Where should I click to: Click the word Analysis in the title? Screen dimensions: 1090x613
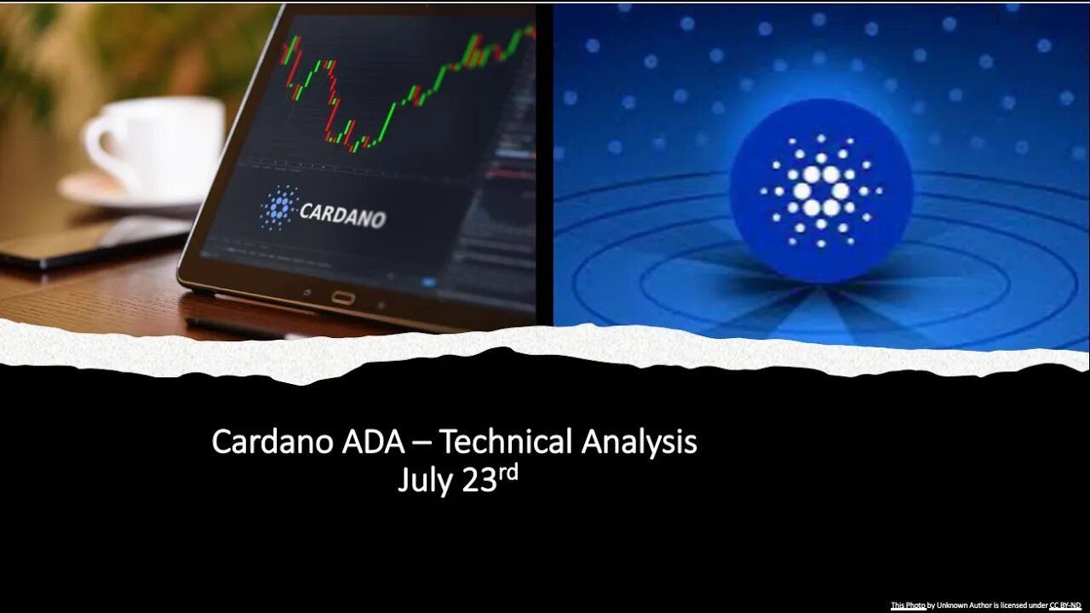pyautogui.click(x=640, y=443)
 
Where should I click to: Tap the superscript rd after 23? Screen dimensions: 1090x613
pyautogui.click(x=508, y=472)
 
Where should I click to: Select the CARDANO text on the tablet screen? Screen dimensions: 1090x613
pyautogui.click(x=342, y=215)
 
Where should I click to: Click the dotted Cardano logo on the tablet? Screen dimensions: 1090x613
pyautogui.click(x=278, y=207)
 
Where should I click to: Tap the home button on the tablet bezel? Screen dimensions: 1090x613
pyautogui.click(x=343, y=297)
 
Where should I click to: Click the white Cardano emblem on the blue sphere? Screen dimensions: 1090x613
pyautogui.click(x=821, y=191)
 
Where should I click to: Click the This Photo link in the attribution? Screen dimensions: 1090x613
pyautogui.click(x=908, y=605)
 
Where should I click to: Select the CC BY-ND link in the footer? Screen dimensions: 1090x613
pyautogui.click(x=1064, y=605)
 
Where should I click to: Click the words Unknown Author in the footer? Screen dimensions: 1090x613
pyautogui.click(x=964, y=605)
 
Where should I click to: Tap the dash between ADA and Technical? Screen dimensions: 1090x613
pyautogui.click(x=422, y=444)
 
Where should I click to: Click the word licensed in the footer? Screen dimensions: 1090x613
pyautogui.click(x=1017, y=605)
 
